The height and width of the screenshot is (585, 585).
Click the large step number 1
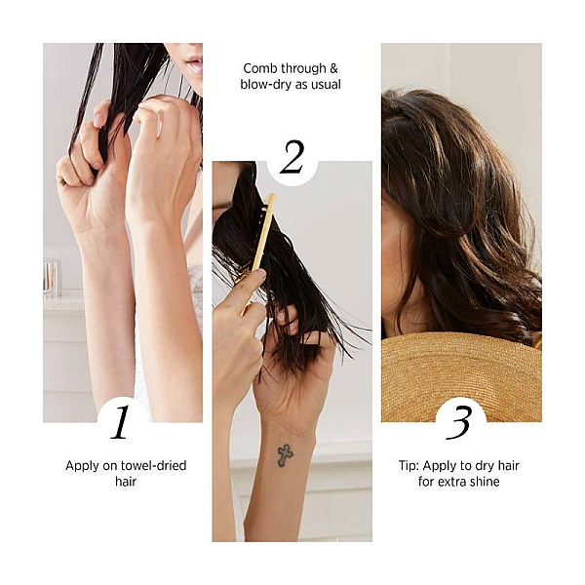click(x=120, y=422)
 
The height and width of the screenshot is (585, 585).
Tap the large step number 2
click(x=292, y=157)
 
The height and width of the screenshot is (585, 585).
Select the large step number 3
click(x=459, y=422)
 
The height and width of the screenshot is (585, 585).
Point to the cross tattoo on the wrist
click(x=286, y=455)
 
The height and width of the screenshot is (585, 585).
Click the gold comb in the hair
click(x=259, y=251)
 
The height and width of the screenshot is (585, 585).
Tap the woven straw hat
click(x=461, y=376)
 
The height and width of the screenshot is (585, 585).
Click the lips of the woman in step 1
click(x=196, y=65)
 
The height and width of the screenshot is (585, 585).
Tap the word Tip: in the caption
click(x=409, y=466)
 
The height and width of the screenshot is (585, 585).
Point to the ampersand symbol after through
click(x=333, y=68)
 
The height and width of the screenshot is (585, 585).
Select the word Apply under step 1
click(x=81, y=466)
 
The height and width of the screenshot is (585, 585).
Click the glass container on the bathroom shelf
click(x=51, y=279)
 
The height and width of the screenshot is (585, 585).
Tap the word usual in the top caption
click(x=326, y=85)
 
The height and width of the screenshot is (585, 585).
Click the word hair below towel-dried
click(x=126, y=482)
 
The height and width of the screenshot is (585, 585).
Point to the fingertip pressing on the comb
click(x=261, y=273)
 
